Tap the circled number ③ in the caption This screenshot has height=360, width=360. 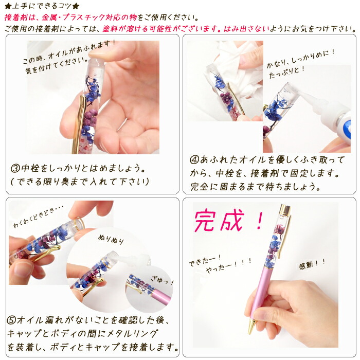point(15,169)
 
